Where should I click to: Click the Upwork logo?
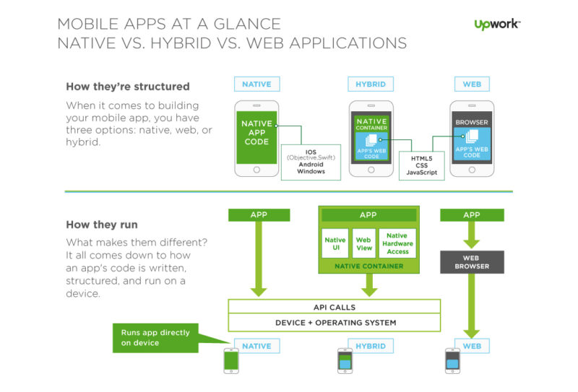coord(497,25)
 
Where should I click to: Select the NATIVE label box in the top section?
coord(256,84)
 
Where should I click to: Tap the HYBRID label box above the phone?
coord(371,84)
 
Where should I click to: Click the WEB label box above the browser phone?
coord(472,84)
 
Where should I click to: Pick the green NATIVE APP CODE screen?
coord(256,133)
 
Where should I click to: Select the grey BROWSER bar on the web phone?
coord(472,122)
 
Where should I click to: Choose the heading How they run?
coord(102,225)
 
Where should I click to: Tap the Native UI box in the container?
coord(335,245)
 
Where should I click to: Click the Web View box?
coord(364,245)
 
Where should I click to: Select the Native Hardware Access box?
coord(397,245)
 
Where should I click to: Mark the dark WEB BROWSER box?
coord(472,261)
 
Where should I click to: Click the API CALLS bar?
coord(335,307)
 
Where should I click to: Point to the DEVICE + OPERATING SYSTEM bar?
coord(335,323)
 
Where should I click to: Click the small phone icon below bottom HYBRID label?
coord(345,360)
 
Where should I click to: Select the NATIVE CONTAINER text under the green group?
coord(368,266)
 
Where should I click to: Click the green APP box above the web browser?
coord(471,214)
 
